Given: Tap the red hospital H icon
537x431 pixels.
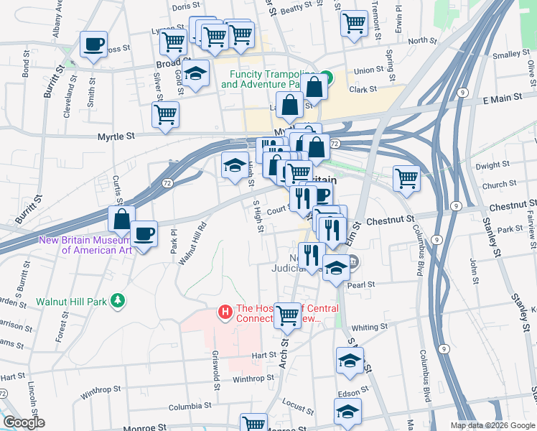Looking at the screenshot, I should (x=225, y=312).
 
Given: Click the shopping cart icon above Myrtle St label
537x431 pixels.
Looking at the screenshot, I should (x=165, y=113).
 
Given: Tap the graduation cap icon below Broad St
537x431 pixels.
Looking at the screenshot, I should (x=195, y=73).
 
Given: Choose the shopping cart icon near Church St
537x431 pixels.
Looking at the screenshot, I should (x=406, y=177).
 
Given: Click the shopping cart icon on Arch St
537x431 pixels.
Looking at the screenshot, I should (x=287, y=313).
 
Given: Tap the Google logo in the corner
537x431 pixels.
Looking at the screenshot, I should (x=23, y=422).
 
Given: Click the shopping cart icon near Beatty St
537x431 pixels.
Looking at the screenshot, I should (x=353, y=22).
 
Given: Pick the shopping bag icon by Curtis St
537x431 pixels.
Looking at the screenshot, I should (x=121, y=218).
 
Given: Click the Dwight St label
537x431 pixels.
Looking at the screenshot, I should (x=492, y=165).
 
